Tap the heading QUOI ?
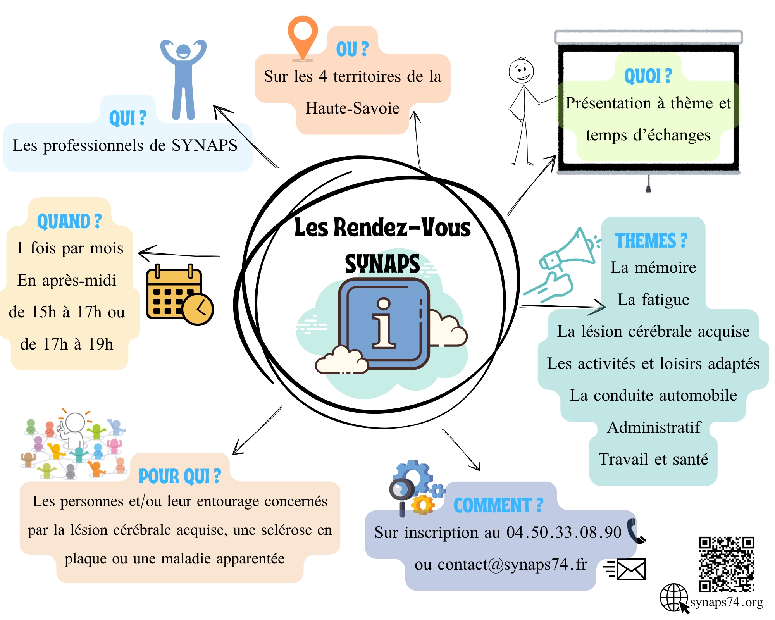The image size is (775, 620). coord(648,76)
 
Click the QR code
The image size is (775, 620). coord(727,564)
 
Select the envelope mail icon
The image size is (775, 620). coord(625,569)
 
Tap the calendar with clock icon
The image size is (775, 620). coord(180,295)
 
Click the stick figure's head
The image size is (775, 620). coord(521,71)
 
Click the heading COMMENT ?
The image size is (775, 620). coord(498,505)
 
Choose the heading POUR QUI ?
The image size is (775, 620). coord(180,476)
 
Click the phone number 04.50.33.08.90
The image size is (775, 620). coord(564,532)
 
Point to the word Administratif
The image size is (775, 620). coord(654,427)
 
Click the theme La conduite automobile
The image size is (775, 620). coord(653,395)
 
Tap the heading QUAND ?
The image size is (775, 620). coord(69,221)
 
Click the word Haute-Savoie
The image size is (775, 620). coord(352,108)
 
